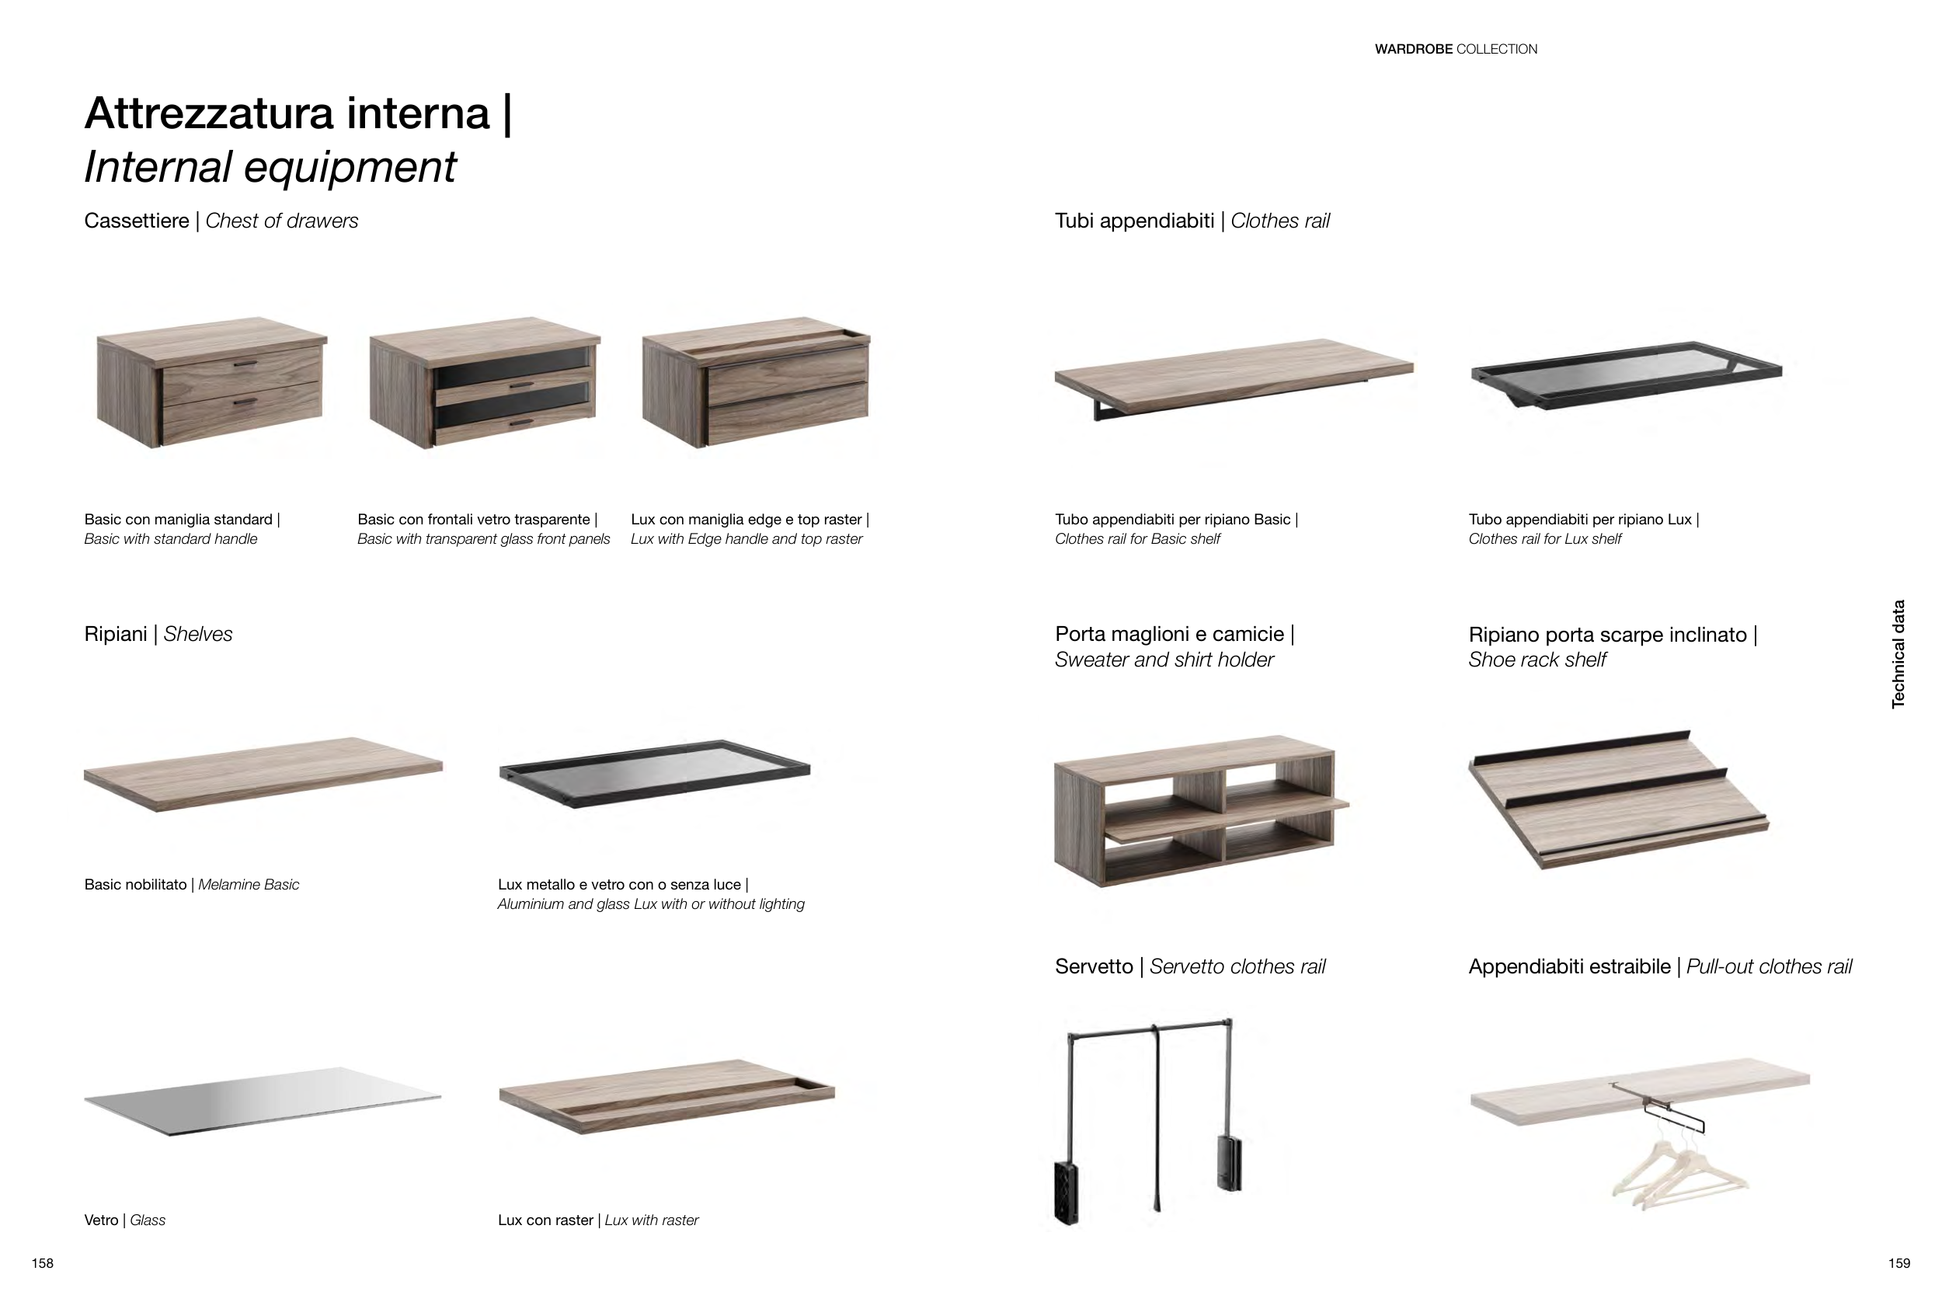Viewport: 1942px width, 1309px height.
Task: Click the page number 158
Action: (x=43, y=1263)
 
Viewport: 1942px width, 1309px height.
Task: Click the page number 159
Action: (x=1898, y=1263)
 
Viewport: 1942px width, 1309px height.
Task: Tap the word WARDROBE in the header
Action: (x=1413, y=49)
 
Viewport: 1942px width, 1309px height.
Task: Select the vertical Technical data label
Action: (x=1898, y=653)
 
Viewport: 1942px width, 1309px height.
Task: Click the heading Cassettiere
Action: (x=137, y=221)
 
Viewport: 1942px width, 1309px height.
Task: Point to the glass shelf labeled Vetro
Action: (x=263, y=1100)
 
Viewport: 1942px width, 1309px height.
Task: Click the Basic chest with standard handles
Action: (x=212, y=382)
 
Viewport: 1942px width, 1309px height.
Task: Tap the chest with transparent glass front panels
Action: (x=485, y=382)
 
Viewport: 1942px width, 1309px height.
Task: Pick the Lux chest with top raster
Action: (x=756, y=382)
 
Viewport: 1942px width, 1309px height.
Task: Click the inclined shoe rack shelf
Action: (x=1619, y=799)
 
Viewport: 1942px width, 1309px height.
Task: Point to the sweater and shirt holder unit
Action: (x=1201, y=809)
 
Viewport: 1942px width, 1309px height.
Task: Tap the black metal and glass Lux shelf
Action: (x=654, y=773)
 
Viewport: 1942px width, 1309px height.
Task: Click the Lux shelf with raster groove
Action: (x=666, y=1096)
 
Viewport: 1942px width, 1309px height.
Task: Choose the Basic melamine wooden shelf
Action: (x=263, y=774)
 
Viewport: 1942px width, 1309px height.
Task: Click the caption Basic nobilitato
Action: (x=135, y=885)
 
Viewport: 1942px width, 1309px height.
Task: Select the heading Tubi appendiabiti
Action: (x=1134, y=221)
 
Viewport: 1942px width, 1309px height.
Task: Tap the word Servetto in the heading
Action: (x=1093, y=966)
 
